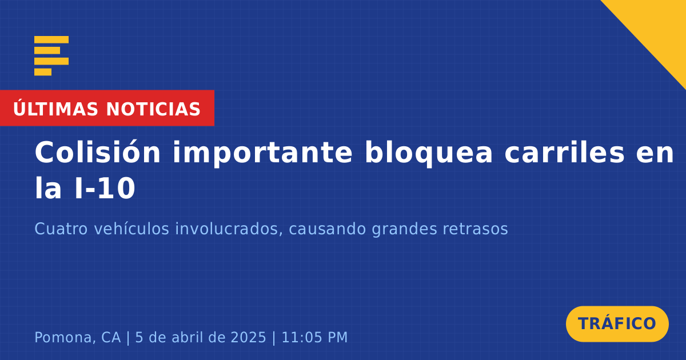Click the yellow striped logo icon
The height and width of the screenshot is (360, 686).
click(x=51, y=56)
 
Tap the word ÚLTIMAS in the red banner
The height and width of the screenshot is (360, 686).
click(x=55, y=109)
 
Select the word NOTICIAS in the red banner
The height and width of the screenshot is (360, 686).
click(x=153, y=109)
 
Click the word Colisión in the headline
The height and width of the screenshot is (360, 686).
click(x=97, y=153)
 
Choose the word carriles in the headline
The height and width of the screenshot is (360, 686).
click(x=564, y=153)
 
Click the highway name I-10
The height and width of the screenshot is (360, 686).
click(x=105, y=189)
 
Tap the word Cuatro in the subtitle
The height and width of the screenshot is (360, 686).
click(x=61, y=229)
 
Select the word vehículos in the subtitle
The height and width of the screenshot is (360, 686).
click(x=131, y=229)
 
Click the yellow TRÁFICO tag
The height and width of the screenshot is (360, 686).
click(x=617, y=324)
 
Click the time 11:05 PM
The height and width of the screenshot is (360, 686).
click(x=314, y=338)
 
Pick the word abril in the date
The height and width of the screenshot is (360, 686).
click(x=184, y=337)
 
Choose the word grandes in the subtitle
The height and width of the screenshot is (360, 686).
click(x=404, y=230)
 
